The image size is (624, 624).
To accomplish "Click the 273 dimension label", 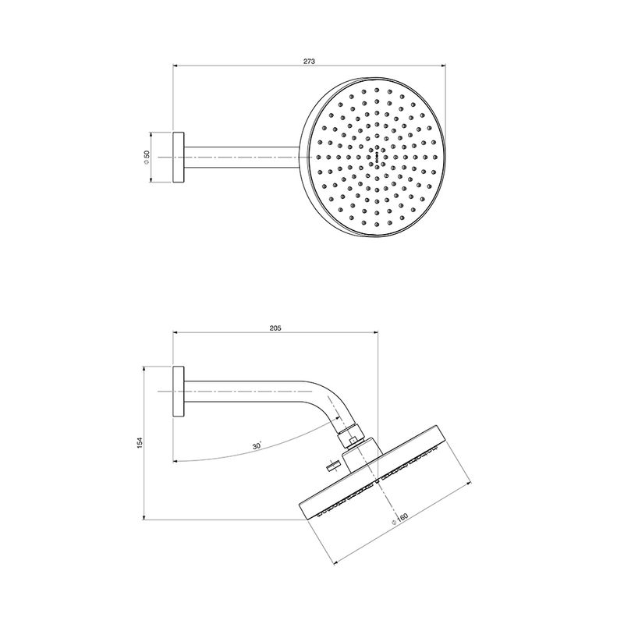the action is (309, 62).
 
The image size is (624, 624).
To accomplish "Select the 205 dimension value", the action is (275, 328).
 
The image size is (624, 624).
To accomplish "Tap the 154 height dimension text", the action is (140, 443).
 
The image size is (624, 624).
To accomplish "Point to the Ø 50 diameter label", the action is (146, 158).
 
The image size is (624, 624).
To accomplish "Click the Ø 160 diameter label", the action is (399, 519).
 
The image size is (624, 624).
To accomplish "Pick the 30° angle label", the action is (257, 445).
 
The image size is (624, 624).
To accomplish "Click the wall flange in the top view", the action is (179, 158).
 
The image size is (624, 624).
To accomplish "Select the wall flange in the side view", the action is (179, 392).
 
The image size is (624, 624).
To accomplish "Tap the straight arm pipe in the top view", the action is (241, 158).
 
